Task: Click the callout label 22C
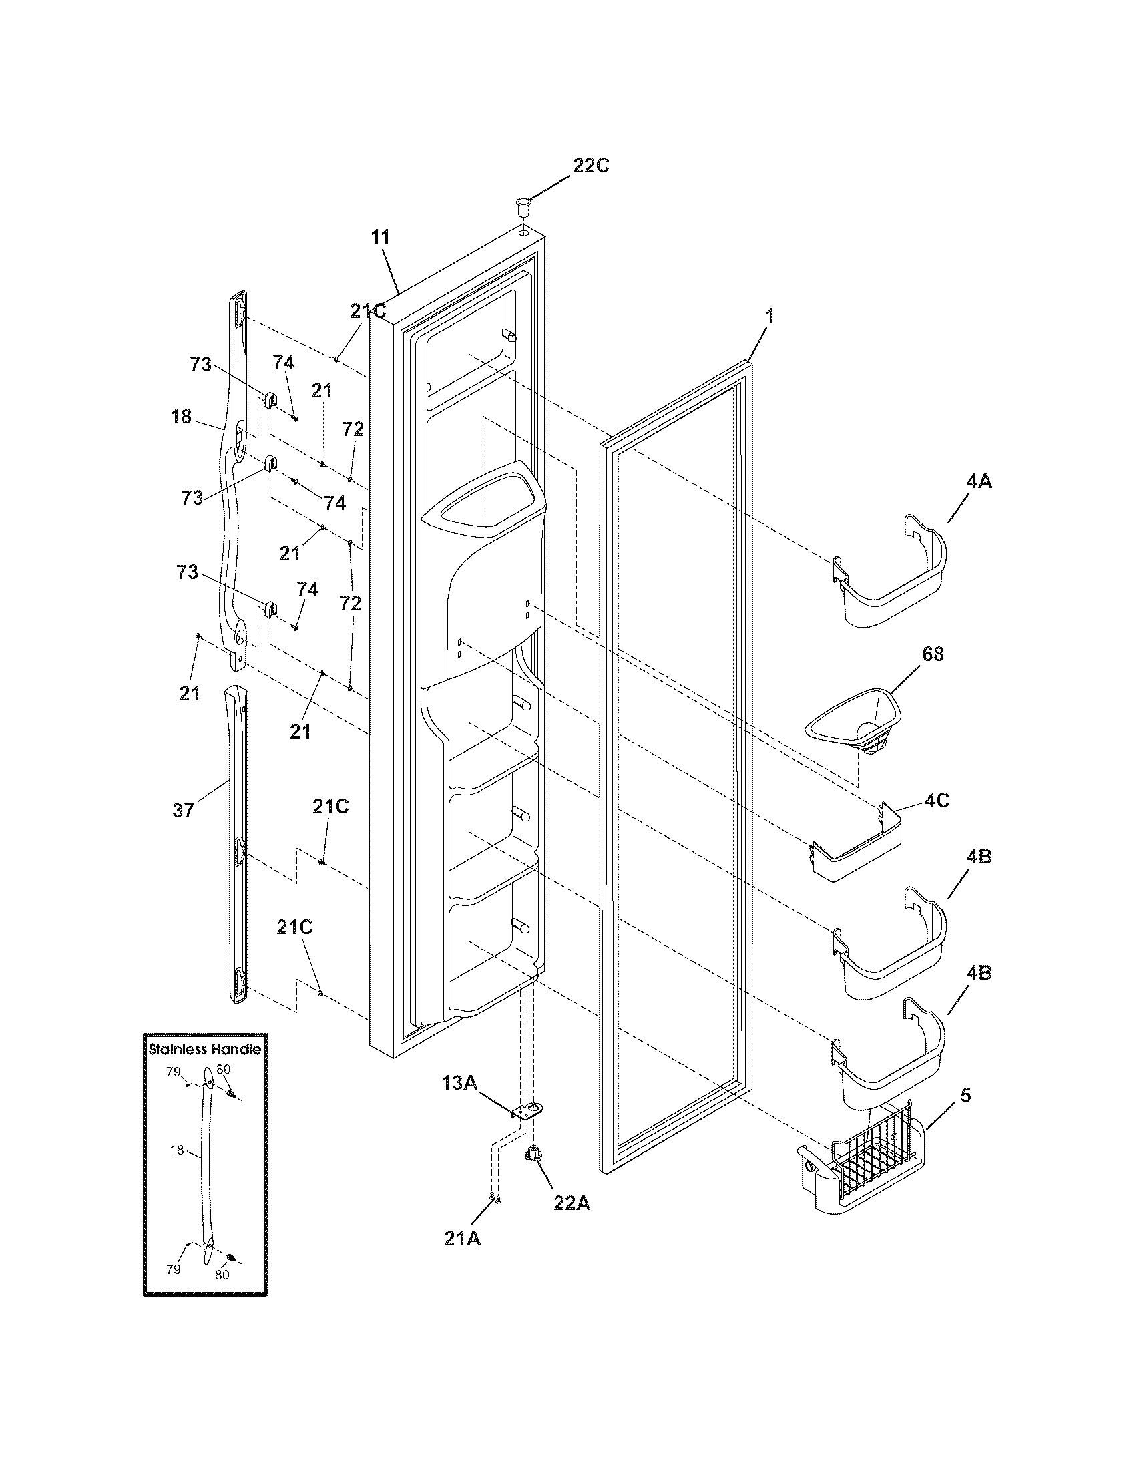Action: click(590, 166)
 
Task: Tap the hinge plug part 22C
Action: click(523, 205)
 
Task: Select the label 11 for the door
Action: click(381, 238)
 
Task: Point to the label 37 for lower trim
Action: click(183, 811)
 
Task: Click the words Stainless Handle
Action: click(204, 1049)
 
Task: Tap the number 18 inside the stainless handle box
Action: click(176, 1150)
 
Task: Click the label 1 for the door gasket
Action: click(770, 316)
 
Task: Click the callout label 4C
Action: click(937, 801)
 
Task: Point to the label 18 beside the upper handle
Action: click(181, 417)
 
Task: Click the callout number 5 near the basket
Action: click(965, 1096)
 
